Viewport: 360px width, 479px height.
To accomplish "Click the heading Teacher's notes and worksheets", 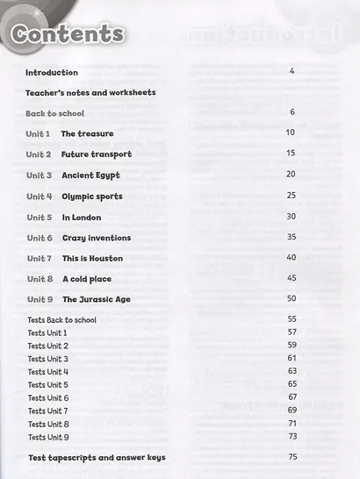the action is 90,92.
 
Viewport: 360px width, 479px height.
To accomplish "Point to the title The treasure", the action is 85,133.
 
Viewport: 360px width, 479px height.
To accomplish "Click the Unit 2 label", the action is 39,154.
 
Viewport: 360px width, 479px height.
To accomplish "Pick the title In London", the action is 81,217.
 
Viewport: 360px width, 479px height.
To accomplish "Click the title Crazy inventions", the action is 96,238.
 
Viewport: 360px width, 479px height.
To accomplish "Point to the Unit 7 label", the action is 39,259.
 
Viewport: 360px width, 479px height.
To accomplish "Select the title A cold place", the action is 86,279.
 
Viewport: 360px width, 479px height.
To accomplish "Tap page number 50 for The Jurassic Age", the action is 292,298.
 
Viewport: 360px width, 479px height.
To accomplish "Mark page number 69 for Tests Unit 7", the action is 292,410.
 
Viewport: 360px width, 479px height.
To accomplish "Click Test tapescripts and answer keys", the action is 96,458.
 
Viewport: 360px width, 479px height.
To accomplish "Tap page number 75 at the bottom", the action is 293,456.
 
